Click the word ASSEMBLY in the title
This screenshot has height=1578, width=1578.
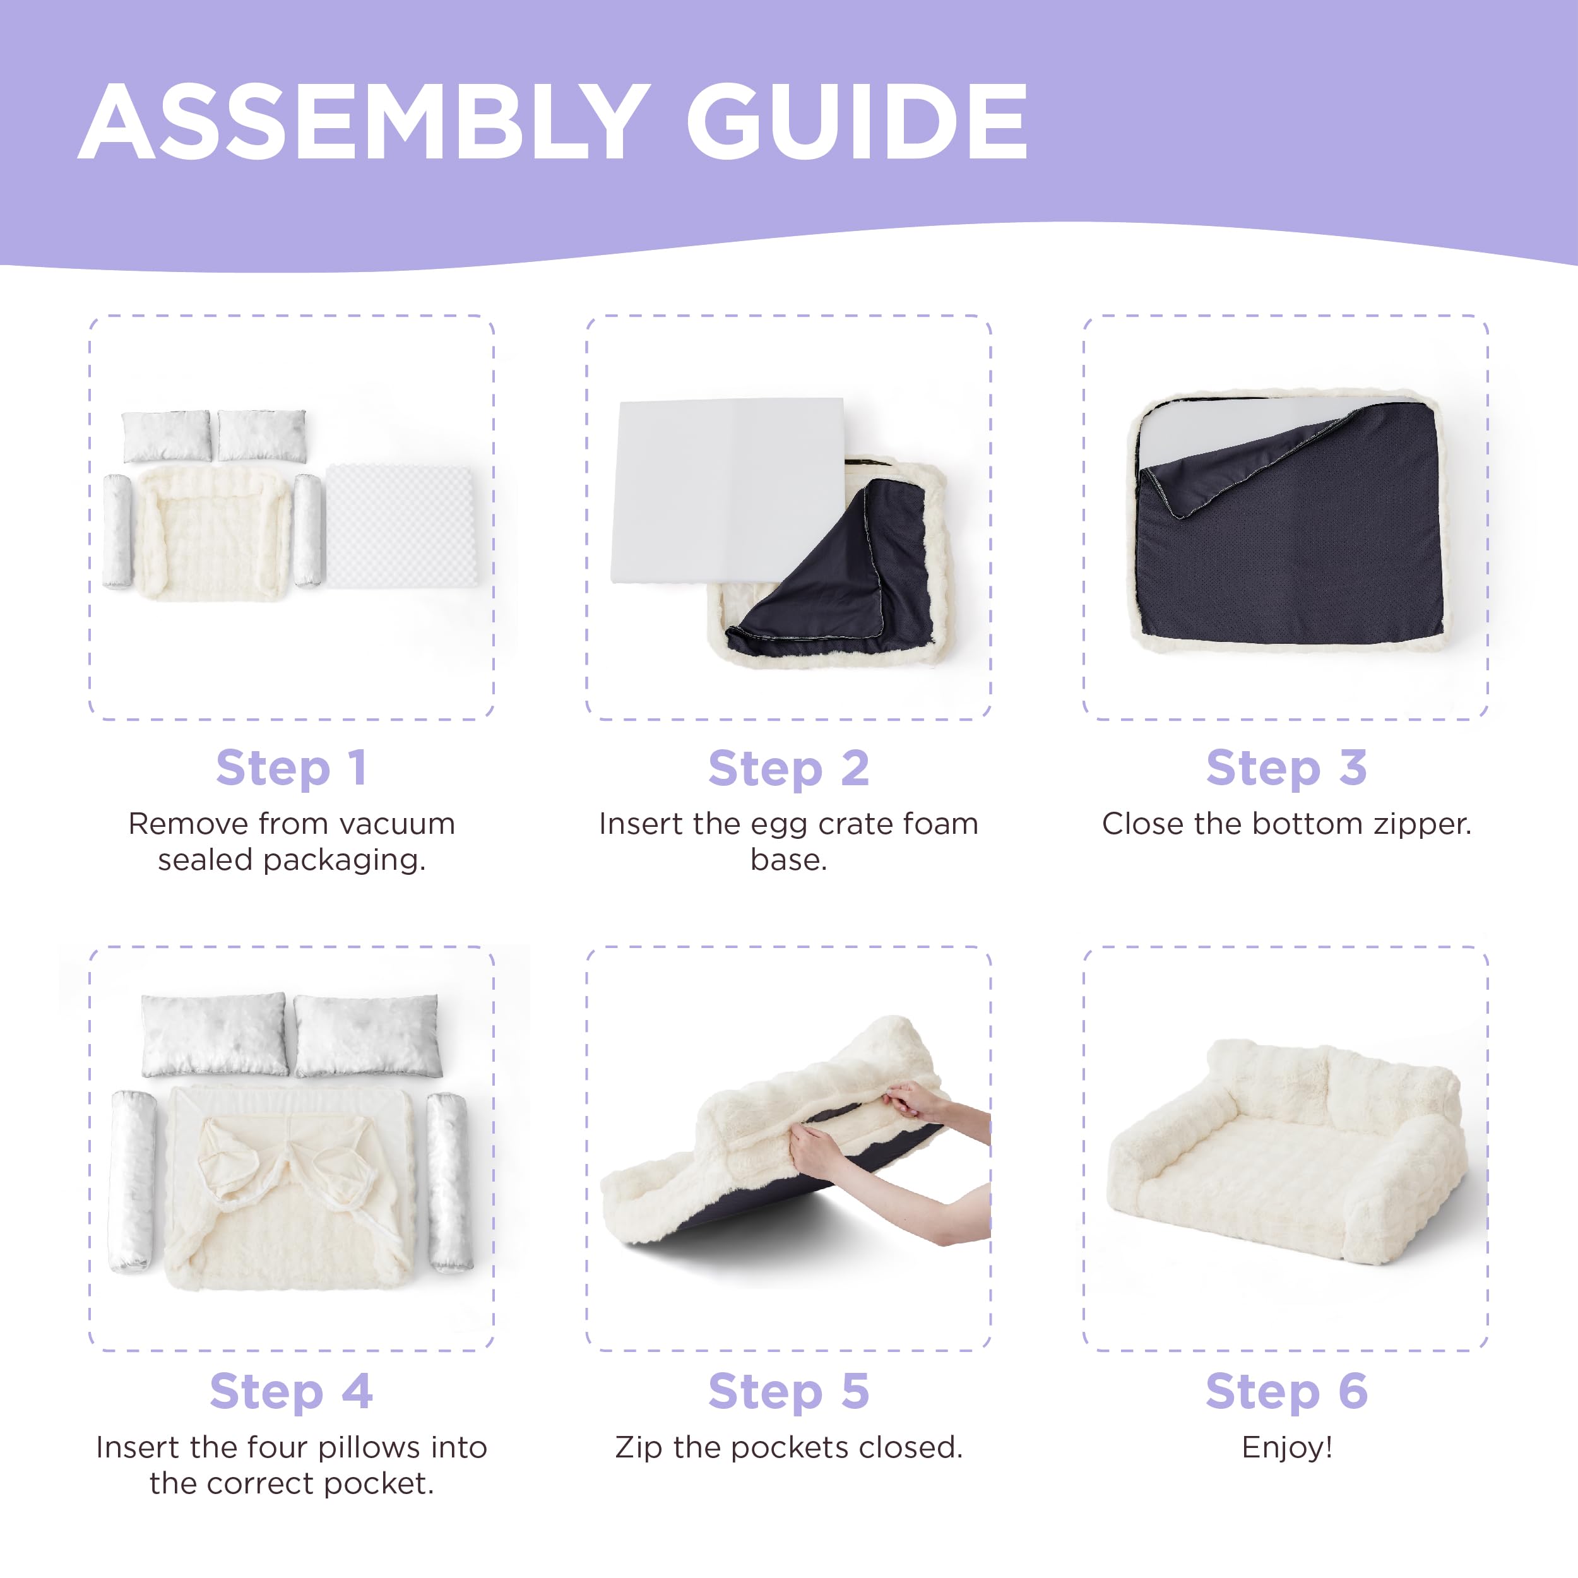point(364,122)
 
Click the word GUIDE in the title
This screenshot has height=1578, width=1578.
point(857,122)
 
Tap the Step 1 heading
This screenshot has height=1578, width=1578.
point(292,769)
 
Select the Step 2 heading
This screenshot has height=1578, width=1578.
point(789,769)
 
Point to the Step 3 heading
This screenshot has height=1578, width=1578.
point(1286,769)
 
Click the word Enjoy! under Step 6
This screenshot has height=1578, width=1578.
point(1287,1448)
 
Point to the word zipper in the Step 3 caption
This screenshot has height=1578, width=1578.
point(1422,825)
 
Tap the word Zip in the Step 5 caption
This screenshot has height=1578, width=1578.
point(639,1448)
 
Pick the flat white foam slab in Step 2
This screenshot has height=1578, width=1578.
point(727,490)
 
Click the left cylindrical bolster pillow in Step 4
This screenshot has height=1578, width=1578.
point(133,1181)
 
